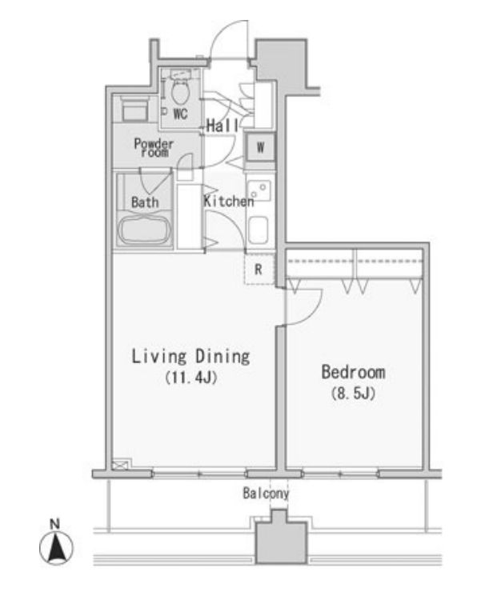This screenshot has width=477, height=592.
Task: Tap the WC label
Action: point(180,114)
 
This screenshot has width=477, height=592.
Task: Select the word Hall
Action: point(220,126)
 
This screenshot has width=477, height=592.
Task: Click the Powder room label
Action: point(154,147)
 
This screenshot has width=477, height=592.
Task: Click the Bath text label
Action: point(145,202)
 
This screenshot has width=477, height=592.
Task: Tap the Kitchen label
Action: point(228,202)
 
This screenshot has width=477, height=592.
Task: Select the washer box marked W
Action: point(260,147)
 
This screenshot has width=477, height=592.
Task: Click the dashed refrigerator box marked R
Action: point(259,270)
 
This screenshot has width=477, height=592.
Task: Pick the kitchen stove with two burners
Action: point(259,192)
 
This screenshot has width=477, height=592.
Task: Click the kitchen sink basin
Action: point(259,230)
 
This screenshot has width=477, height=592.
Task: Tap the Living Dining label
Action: point(191,356)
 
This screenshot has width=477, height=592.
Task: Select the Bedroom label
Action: point(353,372)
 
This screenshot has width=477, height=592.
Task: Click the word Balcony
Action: point(265,494)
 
